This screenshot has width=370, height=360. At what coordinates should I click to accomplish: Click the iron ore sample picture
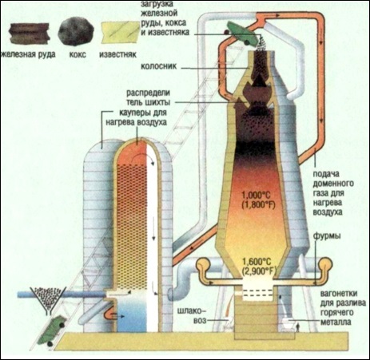pos(30,34)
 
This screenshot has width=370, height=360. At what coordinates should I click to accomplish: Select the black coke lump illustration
pos(76,31)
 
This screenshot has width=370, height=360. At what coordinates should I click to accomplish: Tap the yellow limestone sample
pos(121,33)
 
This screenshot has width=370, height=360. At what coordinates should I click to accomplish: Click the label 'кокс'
pos(78,54)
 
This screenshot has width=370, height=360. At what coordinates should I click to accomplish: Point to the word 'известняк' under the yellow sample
pos(117,54)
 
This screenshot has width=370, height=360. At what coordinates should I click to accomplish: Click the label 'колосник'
pos(159,66)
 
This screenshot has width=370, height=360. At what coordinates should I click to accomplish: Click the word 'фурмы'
pos(327,236)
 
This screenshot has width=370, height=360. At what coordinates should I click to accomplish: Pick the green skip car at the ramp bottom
pos(51,330)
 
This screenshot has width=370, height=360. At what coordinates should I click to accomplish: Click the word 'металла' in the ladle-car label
pos(336,322)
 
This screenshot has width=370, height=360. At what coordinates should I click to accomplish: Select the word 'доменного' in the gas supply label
pos(333,184)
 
